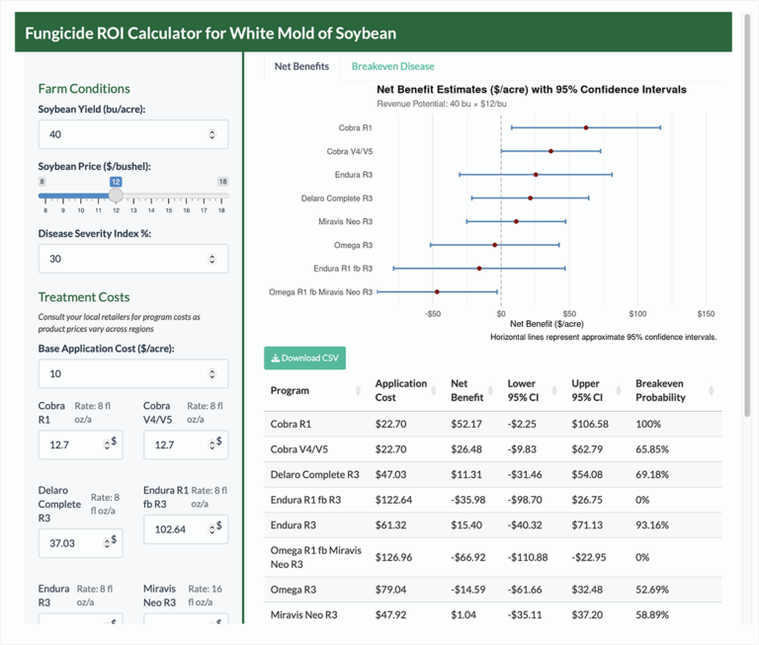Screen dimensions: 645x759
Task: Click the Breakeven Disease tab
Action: click(x=392, y=66)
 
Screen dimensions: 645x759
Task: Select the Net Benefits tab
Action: click(x=301, y=66)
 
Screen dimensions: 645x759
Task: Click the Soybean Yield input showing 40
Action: click(x=125, y=134)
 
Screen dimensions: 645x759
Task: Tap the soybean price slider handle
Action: click(x=116, y=196)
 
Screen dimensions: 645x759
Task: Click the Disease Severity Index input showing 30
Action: click(x=125, y=259)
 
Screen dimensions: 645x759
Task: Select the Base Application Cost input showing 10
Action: click(x=125, y=373)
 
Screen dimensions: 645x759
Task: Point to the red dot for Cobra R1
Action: click(x=586, y=127)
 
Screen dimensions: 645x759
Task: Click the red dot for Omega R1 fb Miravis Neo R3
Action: click(x=437, y=291)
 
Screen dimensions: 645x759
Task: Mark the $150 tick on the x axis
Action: click(x=706, y=314)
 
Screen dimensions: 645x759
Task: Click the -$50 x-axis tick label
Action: click(x=432, y=314)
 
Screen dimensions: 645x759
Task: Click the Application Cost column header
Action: click(x=401, y=390)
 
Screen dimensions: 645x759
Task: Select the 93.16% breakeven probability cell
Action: click(x=654, y=524)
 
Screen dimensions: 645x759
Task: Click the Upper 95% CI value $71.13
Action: click(x=590, y=524)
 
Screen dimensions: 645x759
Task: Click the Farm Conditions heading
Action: click(x=84, y=89)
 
